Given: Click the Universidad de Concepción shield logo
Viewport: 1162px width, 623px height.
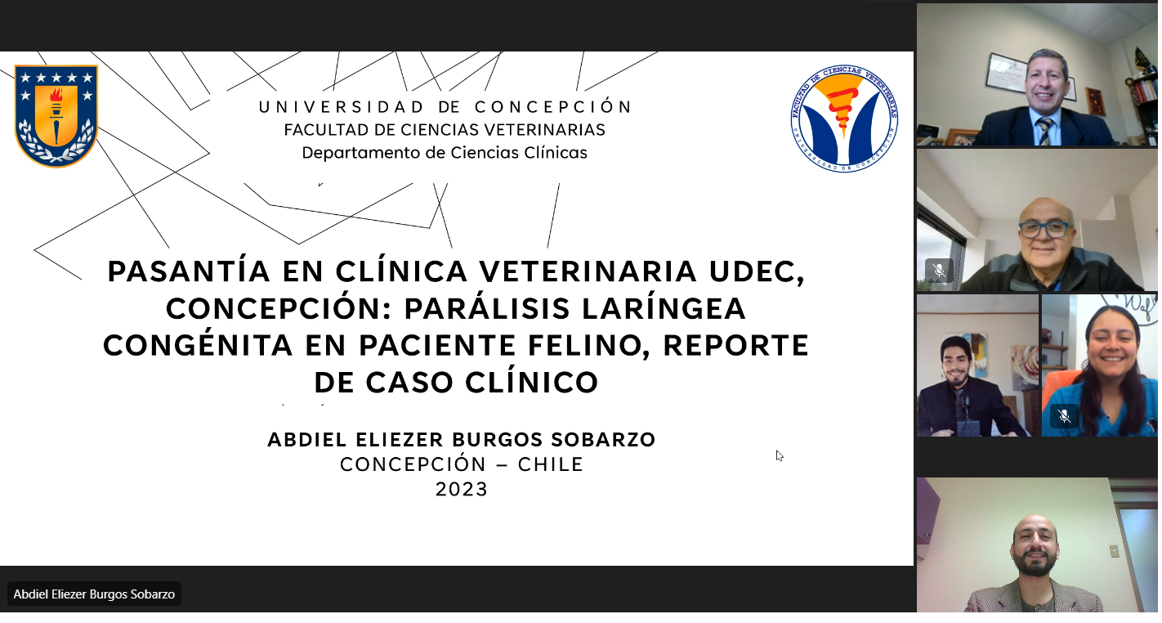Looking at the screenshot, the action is [x=56, y=115].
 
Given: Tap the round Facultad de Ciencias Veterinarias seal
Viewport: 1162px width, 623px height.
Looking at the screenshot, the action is [x=844, y=119].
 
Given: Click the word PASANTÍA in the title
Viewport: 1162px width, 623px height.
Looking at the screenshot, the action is [x=189, y=271].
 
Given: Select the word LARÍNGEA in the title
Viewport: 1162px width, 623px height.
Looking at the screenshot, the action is [x=664, y=308].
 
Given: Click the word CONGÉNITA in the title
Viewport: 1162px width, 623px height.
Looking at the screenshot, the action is [x=198, y=345].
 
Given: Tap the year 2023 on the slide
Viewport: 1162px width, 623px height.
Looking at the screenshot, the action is [x=462, y=489].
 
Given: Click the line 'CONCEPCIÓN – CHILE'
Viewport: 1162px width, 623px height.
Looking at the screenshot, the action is [x=462, y=464].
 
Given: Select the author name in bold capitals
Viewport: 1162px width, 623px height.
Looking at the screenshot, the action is [x=462, y=440].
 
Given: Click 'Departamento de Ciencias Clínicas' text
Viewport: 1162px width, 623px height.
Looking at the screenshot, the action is [x=445, y=153].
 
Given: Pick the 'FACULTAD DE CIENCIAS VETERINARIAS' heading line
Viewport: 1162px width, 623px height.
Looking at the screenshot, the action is [x=445, y=129].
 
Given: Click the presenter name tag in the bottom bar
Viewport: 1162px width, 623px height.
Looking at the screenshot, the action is [x=94, y=594].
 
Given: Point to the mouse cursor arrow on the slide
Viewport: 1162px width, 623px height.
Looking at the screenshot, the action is [x=780, y=456].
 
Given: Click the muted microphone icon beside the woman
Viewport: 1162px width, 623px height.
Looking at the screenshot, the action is [x=1064, y=416].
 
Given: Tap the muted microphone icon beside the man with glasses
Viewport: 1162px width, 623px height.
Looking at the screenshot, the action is [x=939, y=271].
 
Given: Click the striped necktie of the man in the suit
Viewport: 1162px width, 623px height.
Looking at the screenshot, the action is [x=1044, y=132].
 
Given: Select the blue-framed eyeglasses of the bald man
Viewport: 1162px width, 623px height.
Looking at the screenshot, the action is [x=1044, y=229].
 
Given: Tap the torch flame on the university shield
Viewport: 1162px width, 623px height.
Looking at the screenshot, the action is [x=56, y=95].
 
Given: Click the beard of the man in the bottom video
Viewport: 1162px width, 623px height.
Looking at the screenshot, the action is [x=1035, y=563].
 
